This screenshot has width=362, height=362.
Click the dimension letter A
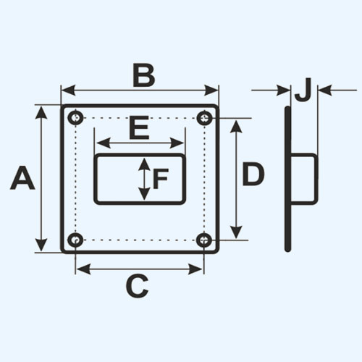click(x=22, y=178)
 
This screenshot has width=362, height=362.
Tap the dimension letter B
click(x=144, y=75)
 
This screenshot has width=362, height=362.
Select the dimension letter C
click(x=137, y=286)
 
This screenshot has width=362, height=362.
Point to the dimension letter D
click(x=253, y=174)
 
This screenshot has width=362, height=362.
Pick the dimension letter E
click(x=139, y=128)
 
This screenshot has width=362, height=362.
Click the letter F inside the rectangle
click(x=161, y=179)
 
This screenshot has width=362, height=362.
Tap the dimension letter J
click(x=303, y=90)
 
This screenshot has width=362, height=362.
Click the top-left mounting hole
click(x=76, y=118)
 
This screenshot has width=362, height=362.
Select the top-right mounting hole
click(x=205, y=118)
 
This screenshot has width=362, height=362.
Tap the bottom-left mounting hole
click(x=75, y=240)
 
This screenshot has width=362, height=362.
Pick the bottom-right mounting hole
click(x=204, y=240)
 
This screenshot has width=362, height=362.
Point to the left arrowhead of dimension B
click(x=69, y=90)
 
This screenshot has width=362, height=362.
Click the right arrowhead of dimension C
click(x=195, y=269)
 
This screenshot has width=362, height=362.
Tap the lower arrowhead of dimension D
click(x=236, y=232)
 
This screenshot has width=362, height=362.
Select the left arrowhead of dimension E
click(x=104, y=143)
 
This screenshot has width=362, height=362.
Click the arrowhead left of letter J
click(x=284, y=90)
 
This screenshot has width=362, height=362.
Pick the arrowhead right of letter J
click(x=324, y=90)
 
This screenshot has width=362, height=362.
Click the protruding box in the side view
click(x=304, y=179)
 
